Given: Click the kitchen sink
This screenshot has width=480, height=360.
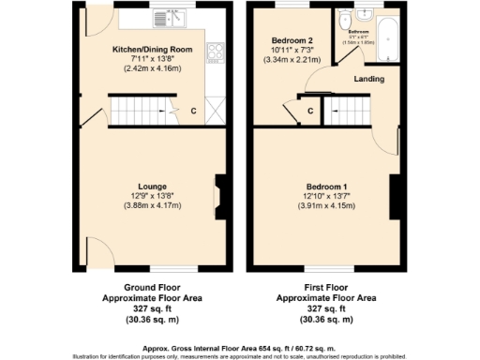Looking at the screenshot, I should tap(171, 17).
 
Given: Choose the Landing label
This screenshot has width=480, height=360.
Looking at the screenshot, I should tap(368, 79).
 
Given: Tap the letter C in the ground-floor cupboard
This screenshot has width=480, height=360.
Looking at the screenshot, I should tap(193, 112).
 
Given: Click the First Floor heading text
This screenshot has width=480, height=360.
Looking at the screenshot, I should tap(324, 287).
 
